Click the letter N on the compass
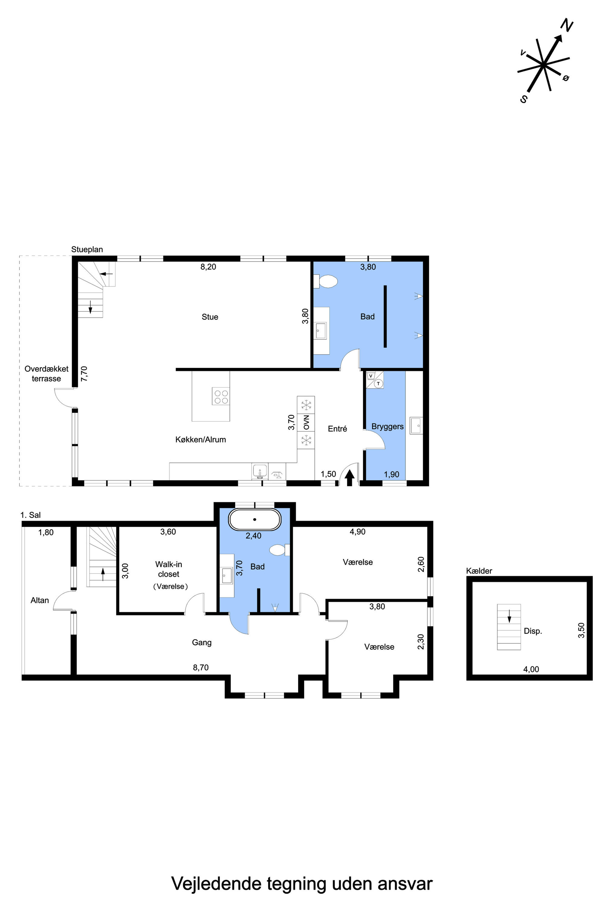567,26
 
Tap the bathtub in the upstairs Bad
255,520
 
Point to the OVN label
306,422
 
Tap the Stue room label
210,317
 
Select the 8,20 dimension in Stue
208,267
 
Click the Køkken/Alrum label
201,439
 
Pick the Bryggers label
388,426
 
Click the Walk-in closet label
168,569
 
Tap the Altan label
40,600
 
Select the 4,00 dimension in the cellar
531,669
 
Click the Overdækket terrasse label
47,374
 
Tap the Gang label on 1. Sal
202,642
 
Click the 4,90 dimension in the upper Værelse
358,532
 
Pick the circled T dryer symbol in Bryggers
378,384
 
